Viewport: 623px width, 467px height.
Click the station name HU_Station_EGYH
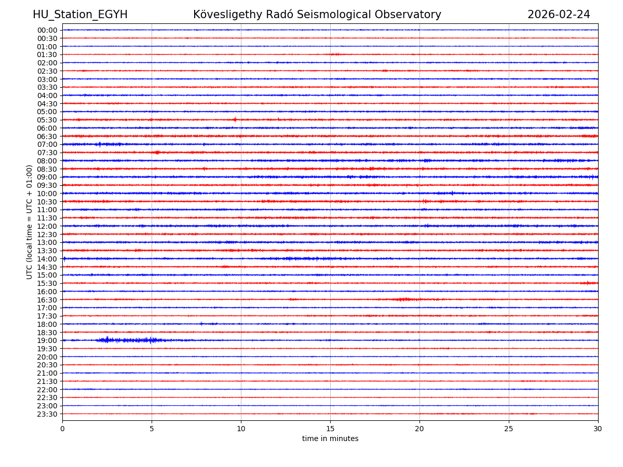(x=80, y=15)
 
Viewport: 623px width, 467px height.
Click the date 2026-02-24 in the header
(x=559, y=15)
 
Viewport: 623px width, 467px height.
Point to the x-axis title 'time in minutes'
(x=330, y=438)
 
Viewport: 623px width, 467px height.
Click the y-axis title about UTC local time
(x=30, y=222)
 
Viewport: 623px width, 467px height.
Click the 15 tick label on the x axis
(x=330, y=429)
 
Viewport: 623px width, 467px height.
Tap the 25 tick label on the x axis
(x=509, y=429)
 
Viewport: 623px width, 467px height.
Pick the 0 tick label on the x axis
(x=62, y=429)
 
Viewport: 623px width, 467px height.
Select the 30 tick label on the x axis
(x=598, y=429)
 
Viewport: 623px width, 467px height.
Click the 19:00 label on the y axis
(x=47, y=340)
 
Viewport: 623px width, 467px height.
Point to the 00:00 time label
(x=47, y=30)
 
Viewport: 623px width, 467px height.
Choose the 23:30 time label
(x=47, y=414)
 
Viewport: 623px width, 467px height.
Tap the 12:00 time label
(x=47, y=226)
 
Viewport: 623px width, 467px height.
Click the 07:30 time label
(x=47, y=153)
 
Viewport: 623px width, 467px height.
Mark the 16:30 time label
(x=47, y=299)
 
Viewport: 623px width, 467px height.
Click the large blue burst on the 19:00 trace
(x=130, y=340)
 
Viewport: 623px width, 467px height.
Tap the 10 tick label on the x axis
(x=241, y=429)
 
